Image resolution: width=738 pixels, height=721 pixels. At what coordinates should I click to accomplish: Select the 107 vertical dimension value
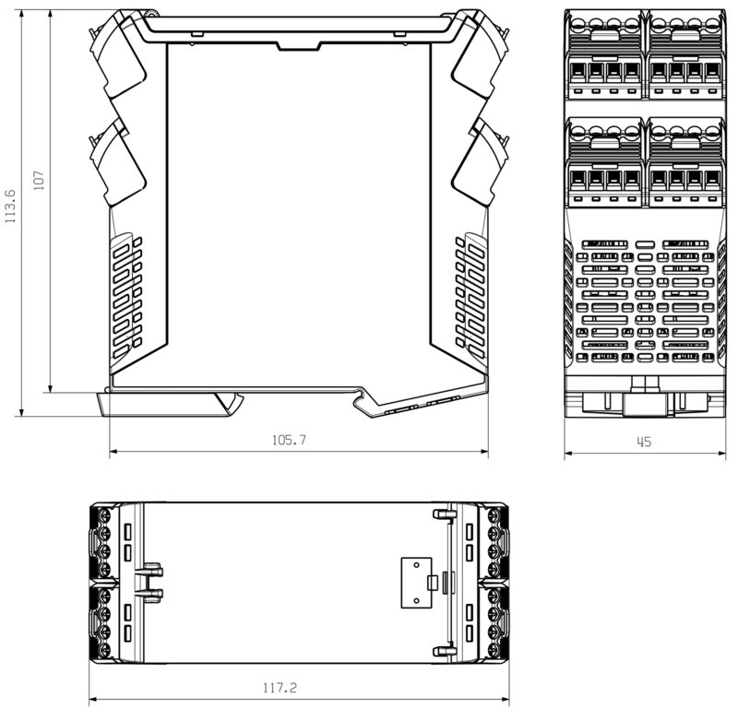[x=39, y=179]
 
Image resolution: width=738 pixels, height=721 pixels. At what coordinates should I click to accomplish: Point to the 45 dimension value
[x=644, y=443]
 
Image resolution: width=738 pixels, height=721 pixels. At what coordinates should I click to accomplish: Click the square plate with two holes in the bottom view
[x=416, y=582]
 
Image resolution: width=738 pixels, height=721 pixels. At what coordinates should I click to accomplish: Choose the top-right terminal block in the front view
[x=686, y=55]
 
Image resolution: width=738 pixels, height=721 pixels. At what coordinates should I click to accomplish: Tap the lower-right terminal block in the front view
[x=686, y=163]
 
